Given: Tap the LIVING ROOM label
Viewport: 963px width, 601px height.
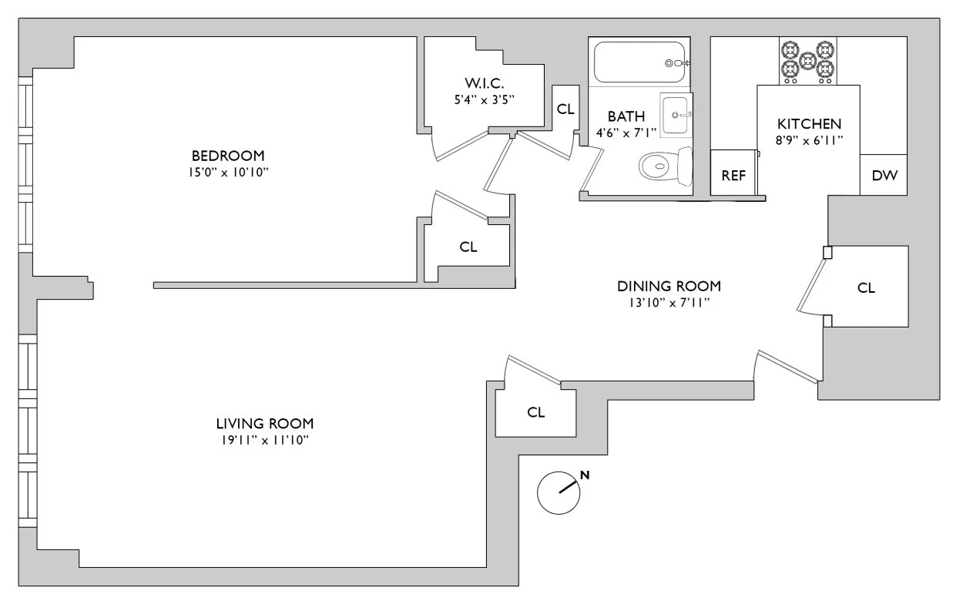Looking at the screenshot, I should coord(265,423).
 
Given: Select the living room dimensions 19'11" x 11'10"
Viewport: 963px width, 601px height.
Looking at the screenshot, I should coord(265,440).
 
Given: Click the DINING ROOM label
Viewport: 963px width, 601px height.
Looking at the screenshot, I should coord(669,286).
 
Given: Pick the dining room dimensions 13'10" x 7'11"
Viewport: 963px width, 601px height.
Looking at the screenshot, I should coord(669,303).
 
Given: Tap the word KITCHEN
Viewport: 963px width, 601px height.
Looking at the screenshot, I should coord(808,123).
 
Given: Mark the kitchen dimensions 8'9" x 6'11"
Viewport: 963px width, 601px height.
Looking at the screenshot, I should coord(808,140).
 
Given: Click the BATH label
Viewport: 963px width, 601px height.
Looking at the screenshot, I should coord(626,116).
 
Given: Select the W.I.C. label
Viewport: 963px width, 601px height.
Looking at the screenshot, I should coord(482,83).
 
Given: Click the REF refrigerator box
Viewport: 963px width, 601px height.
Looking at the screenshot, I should coord(733,175).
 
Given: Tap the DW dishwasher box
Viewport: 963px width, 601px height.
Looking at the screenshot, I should coord(884,175).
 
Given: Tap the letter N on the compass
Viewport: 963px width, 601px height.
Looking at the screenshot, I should coord(585,475).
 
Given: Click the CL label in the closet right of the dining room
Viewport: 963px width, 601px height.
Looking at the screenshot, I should coord(866,288).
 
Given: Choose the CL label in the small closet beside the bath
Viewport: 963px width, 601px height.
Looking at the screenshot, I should coord(565,109).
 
